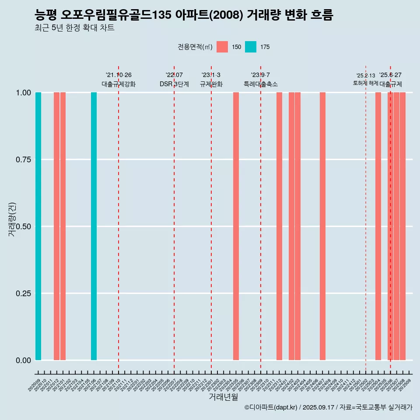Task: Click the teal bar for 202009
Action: [38, 226]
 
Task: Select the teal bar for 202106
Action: [94, 226]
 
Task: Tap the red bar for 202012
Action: [56, 226]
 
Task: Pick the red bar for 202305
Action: [236, 226]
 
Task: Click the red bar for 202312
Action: [279, 226]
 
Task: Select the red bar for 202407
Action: [322, 226]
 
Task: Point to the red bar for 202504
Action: [378, 226]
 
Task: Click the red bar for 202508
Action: [402, 226]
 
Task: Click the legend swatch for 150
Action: [222, 47]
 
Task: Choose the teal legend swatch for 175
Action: [250, 47]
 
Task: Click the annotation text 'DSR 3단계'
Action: [174, 84]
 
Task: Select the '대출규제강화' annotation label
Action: [119, 84]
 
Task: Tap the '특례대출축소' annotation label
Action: [261, 84]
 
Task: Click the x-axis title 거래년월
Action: [223, 397]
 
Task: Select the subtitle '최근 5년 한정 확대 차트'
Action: [74, 28]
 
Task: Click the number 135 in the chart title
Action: [163, 15]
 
